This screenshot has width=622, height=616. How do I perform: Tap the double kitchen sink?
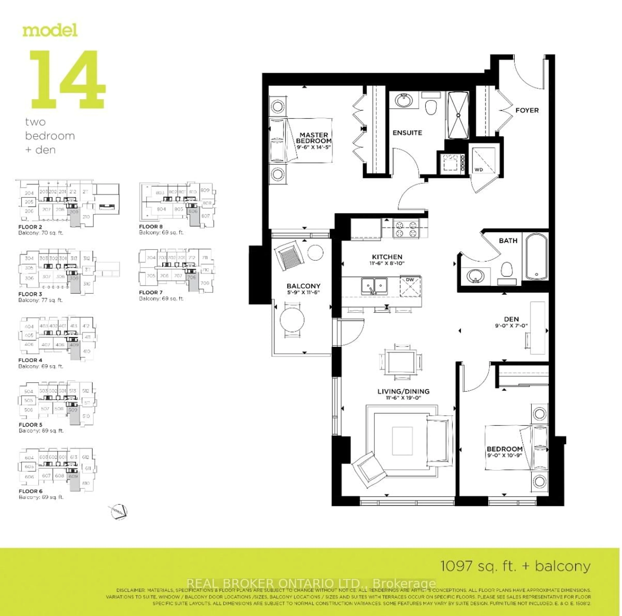(x=374, y=286)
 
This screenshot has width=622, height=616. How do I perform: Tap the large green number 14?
(x=68, y=79)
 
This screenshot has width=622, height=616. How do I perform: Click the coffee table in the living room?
(x=402, y=441)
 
